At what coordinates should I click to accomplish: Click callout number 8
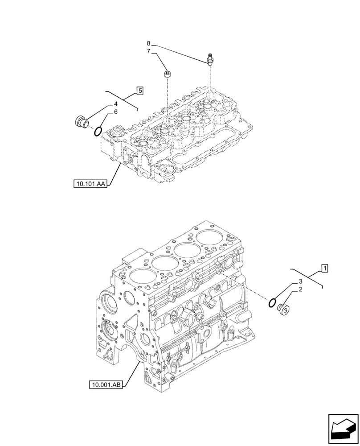[x=149, y=43]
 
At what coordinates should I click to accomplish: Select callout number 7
[x=149, y=52]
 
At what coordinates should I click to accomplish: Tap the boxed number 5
[x=140, y=91]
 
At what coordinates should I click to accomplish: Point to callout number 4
[x=115, y=104]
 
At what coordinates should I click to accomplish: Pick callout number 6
[x=115, y=112]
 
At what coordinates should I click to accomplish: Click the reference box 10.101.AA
[x=90, y=183]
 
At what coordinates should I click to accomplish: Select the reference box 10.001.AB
[x=106, y=384]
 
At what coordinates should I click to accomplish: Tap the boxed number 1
[x=325, y=268]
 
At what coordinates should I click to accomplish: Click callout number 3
[x=300, y=281]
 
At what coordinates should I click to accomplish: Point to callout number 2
[x=300, y=289]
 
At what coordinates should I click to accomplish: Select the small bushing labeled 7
[x=167, y=74]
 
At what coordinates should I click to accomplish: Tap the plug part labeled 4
[x=82, y=121]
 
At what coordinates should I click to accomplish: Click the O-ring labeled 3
[x=271, y=303]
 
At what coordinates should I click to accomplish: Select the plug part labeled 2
[x=283, y=309]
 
